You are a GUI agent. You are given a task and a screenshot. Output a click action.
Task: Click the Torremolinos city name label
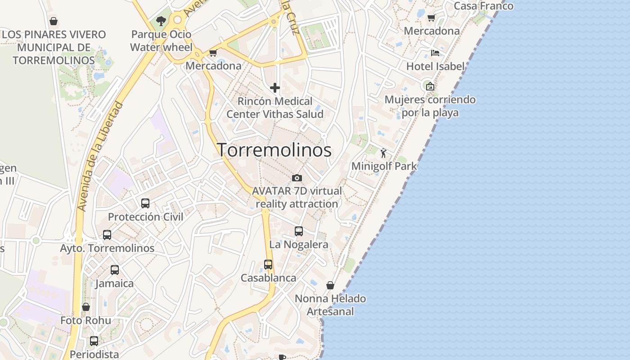274,150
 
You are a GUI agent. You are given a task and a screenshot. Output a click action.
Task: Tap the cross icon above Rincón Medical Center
274,87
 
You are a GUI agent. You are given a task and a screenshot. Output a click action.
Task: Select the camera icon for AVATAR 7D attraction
297,178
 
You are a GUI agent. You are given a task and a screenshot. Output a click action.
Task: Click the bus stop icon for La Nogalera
298,231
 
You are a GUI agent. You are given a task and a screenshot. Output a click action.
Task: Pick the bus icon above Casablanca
268,265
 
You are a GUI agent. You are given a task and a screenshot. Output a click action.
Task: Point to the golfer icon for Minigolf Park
383,153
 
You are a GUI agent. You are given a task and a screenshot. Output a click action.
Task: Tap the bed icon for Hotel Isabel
435,53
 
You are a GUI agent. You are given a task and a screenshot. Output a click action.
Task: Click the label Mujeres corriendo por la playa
430,106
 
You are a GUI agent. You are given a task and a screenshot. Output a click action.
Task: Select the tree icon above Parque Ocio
161,21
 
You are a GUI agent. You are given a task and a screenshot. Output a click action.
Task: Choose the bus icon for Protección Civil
145,203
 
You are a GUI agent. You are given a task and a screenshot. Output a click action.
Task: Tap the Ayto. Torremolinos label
107,248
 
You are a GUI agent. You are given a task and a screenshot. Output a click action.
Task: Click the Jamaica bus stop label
115,283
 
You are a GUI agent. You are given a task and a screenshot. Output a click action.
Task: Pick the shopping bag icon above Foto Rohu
86,307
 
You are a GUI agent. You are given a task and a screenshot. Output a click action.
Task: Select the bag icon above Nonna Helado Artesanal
330,285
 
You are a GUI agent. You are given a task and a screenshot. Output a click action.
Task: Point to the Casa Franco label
483,6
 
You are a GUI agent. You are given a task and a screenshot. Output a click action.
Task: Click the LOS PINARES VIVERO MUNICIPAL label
54,47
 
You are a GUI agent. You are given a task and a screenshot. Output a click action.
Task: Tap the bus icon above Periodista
94,341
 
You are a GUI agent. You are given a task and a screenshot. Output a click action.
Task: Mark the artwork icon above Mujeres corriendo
430,86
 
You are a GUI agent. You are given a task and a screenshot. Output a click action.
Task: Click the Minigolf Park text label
384,166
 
